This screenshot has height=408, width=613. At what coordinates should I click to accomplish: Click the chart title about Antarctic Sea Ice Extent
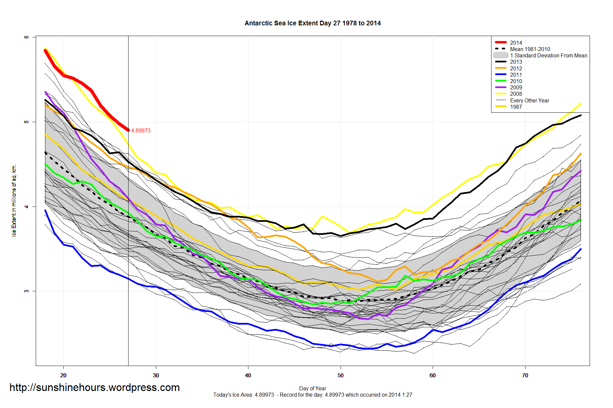point(313,23)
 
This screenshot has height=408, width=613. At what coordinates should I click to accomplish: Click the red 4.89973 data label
point(141,131)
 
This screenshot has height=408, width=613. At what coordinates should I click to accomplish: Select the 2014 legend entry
point(516,43)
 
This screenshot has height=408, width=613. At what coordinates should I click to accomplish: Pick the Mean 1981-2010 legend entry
point(530,49)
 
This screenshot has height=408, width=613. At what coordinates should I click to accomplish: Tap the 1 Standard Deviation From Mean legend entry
point(548,55)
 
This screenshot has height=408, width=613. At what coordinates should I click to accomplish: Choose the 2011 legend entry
point(516,75)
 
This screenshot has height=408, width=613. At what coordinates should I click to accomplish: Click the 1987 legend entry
point(516,107)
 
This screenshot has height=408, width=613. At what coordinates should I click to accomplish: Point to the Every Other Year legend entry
point(529,100)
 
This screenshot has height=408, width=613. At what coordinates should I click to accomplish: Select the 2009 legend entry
point(516,87)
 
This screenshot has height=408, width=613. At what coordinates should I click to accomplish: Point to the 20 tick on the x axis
point(63,375)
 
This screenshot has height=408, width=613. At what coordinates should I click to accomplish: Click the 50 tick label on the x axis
point(340,375)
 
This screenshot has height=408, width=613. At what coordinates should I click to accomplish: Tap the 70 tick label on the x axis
point(525,375)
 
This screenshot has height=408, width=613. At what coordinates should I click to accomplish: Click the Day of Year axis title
point(313,388)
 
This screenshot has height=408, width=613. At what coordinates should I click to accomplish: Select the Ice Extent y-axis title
point(14,200)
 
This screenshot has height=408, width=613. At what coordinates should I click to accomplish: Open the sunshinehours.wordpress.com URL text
point(94,388)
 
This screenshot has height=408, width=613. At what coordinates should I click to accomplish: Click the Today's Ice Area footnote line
point(313,395)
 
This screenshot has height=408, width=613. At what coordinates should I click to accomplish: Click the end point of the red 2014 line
point(128,130)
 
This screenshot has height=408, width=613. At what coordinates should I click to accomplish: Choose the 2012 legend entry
point(516,68)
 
